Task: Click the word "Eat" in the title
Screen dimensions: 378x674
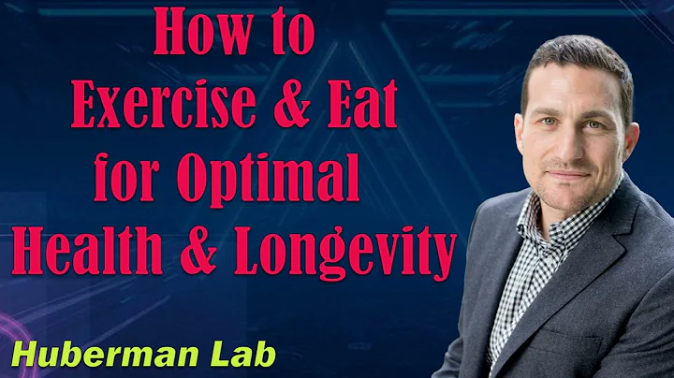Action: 360,109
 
